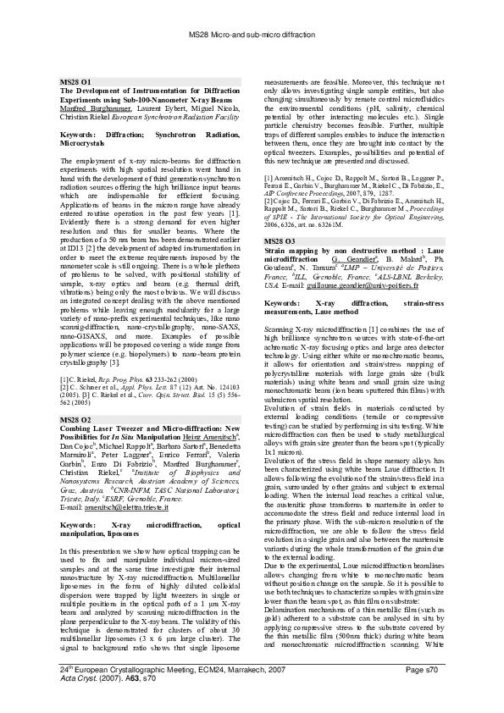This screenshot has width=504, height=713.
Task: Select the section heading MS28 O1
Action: click(x=76, y=80)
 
